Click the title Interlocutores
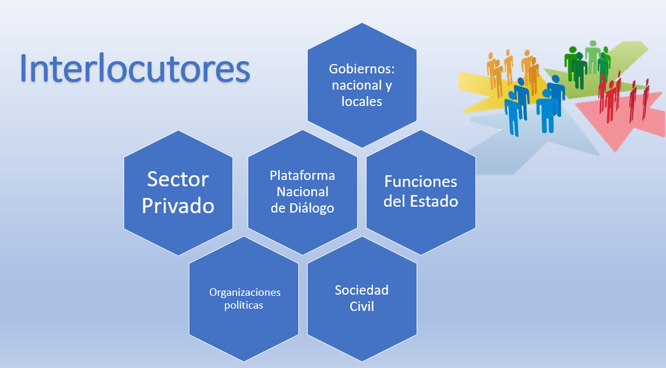pos(135,69)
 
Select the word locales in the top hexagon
pos(362,101)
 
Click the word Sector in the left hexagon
pos(178,179)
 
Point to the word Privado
pos(178,206)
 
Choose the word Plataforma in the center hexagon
pos(302,175)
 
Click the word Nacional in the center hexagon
pos(302,192)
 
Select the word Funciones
pos(421,182)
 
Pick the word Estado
pos(434,201)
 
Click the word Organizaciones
pos(245,292)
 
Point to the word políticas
pos(244,305)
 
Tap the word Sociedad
pos(361,290)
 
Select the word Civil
pos(362,306)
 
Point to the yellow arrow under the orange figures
pos(488,91)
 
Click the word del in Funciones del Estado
pos(394,201)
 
